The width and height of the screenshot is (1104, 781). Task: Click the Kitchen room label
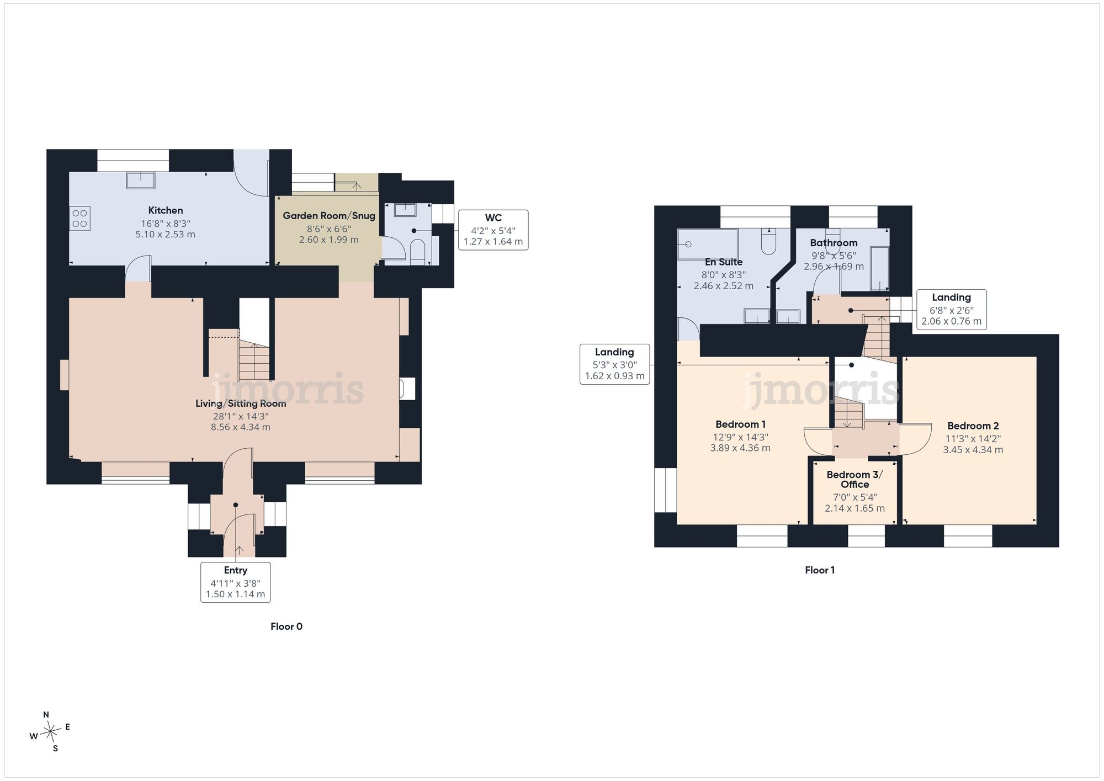pyautogui.click(x=166, y=210)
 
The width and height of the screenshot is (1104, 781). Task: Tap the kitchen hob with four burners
pyautogui.click(x=79, y=218)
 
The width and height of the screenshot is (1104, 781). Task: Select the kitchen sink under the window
pyautogui.click(x=141, y=180)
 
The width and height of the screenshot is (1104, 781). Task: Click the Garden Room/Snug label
pyautogui.click(x=329, y=216)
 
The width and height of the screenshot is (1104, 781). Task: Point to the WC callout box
pyautogui.click(x=493, y=230)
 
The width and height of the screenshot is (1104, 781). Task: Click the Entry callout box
pyautogui.click(x=236, y=582)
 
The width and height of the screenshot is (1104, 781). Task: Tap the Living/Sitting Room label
pyautogui.click(x=241, y=403)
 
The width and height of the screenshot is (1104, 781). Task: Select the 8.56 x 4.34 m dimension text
pyautogui.click(x=241, y=427)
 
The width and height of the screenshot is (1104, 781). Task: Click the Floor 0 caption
pyautogui.click(x=286, y=626)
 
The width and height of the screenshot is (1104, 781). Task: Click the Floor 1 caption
pyautogui.click(x=820, y=570)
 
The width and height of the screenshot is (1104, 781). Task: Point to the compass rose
pyautogui.click(x=51, y=732)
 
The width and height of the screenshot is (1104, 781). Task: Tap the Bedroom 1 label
pyautogui.click(x=740, y=424)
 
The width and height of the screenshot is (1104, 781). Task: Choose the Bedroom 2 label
pyautogui.click(x=973, y=426)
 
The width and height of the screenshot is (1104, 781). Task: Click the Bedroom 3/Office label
pyautogui.click(x=855, y=480)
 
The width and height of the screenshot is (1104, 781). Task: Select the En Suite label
pyautogui.click(x=724, y=262)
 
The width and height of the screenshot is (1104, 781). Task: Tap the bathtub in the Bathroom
pyautogui.click(x=879, y=269)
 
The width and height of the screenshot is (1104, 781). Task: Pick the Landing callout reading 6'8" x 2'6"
pyautogui.click(x=952, y=310)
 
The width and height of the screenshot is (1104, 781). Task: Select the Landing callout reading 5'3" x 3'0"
pyautogui.click(x=614, y=364)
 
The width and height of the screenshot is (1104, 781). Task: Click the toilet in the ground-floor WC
pyautogui.click(x=418, y=251)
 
